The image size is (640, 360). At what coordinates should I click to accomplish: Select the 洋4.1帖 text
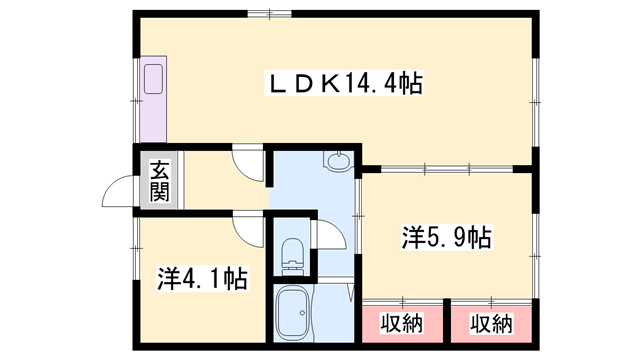202,275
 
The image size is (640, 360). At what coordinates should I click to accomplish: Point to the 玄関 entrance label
160,181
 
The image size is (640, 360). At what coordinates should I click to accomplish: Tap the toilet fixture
293,255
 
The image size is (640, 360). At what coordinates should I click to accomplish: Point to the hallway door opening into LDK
247,162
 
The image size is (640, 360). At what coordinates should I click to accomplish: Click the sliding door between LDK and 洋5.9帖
445,168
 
